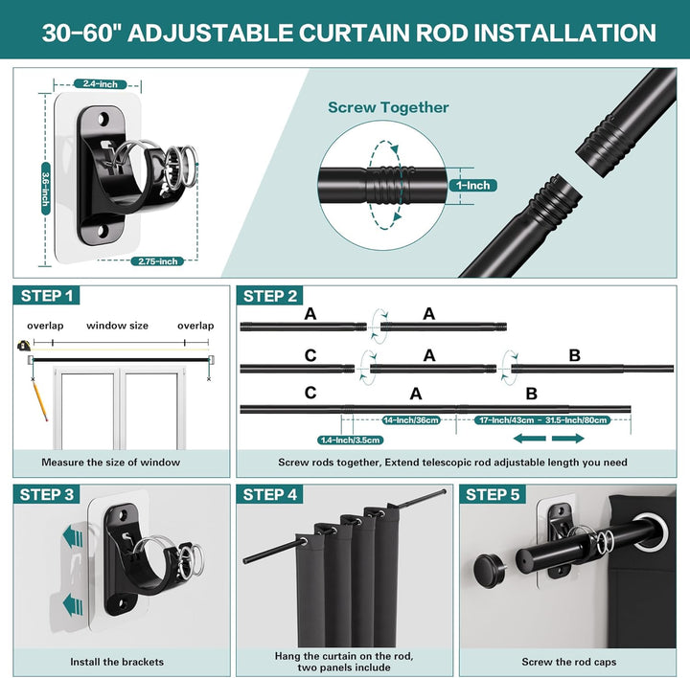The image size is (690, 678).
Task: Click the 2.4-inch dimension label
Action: click(x=101, y=84)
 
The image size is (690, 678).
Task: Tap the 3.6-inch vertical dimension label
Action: click(x=45, y=189)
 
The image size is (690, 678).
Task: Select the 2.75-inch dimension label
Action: click(x=157, y=261)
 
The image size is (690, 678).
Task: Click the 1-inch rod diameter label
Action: click(x=472, y=186)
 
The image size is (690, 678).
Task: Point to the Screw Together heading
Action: click(x=388, y=107)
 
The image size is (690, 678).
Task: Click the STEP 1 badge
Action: click(x=46, y=296)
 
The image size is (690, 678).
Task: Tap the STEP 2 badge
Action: click(x=269, y=296)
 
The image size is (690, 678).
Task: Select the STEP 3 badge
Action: click(x=46, y=495)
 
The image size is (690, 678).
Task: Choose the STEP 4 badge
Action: click(x=269, y=495)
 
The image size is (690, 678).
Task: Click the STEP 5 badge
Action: click(x=493, y=495)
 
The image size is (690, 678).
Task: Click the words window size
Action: click(x=117, y=326)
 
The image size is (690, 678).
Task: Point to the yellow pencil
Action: click(x=39, y=399)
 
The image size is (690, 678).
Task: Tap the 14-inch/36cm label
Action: click(x=410, y=420)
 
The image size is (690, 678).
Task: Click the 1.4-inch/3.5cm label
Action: click(x=351, y=441)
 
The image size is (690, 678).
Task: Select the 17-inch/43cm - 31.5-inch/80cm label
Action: click(x=542, y=420)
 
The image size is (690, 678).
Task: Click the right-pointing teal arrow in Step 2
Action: click(x=568, y=439)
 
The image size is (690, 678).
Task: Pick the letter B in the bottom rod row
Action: click(x=532, y=394)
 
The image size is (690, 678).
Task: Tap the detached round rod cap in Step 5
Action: click(x=489, y=570)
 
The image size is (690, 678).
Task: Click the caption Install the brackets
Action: click(x=117, y=662)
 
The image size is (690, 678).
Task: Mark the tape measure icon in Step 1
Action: click(x=23, y=345)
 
